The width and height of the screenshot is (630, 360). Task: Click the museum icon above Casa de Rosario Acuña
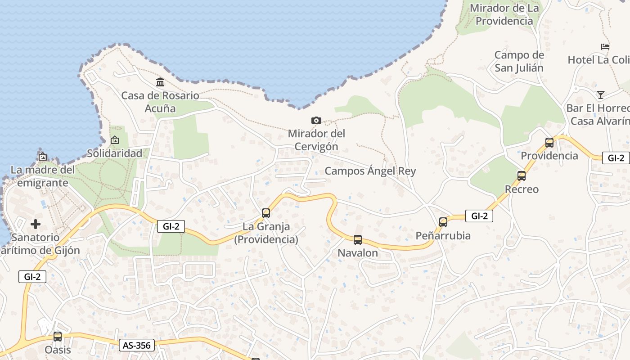[160, 82]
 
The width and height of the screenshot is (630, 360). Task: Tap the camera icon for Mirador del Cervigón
[316, 120]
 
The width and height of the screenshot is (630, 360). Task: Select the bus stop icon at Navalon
[358, 240]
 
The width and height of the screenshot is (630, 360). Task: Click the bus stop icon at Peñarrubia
[443, 222]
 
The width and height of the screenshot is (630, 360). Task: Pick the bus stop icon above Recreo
[522, 176]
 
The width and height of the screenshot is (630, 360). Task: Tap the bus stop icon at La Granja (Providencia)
[266, 213]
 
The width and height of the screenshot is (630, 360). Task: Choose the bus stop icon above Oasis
[58, 336]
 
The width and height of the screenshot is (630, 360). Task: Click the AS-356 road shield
[137, 345]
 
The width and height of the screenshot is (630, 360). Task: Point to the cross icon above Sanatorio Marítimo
[36, 224]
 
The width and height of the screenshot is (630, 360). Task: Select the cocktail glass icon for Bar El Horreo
[600, 94]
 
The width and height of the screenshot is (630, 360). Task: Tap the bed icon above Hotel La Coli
[605, 46]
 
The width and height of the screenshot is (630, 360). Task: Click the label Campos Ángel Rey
[370, 171]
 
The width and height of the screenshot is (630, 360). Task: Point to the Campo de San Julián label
[519, 62]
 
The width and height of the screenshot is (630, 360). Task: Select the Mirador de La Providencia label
[504, 14]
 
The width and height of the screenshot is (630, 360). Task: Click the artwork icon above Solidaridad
[115, 140]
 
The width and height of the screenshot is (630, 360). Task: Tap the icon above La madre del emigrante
[43, 157]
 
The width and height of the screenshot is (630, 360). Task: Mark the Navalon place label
[358, 253]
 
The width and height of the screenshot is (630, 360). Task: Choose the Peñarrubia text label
[443, 235]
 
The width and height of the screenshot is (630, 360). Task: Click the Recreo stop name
[522, 189]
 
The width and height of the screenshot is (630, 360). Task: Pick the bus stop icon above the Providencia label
[549, 143]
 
